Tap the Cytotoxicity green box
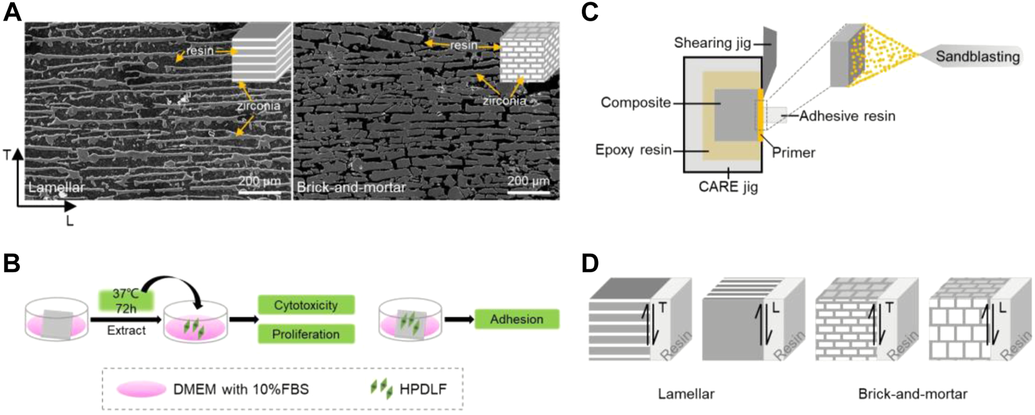pyautogui.click(x=306, y=305)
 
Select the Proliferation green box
pyautogui.click(x=306, y=334)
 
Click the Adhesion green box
pyautogui.click(x=516, y=319)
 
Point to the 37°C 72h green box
pyautogui.click(x=126, y=300)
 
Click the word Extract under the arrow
pyautogui.click(x=126, y=330)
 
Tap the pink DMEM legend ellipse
pyautogui.click(x=141, y=389)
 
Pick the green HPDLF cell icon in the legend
pyautogui.click(x=381, y=389)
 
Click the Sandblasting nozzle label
pyautogui.click(x=977, y=57)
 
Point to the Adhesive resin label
pyautogui.click(x=847, y=115)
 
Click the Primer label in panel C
pyautogui.click(x=793, y=152)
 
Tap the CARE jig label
pyautogui.click(x=728, y=186)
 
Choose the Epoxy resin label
pyautogui.click(x=633, y=150)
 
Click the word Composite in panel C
pyautogui.click(x=635, y=102)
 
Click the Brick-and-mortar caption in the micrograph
pyautogui.click(x=351, y=187)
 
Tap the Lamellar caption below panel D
pyautogui.click(x=686, y=394)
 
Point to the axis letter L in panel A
pyautogui.click(x=69, y=221)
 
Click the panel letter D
pyautogui.click(x=590, y=263)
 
